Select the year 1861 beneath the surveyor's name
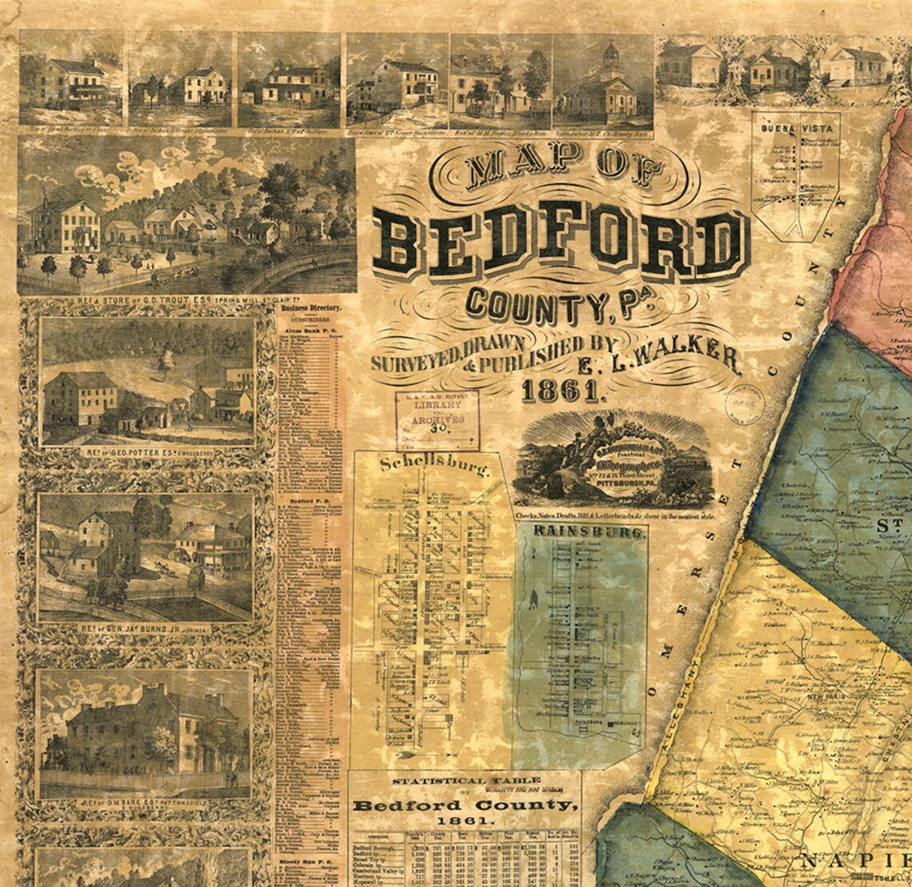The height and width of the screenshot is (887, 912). (x=560, y=391)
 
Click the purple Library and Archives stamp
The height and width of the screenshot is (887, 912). (x=437, y=419)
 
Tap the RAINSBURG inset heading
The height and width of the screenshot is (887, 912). (x=580, y=532)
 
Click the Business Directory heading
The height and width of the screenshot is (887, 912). (x=310, y=307)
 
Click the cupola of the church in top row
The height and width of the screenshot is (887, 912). (x=610, y=55)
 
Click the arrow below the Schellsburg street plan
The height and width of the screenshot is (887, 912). (x=408, y=753)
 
